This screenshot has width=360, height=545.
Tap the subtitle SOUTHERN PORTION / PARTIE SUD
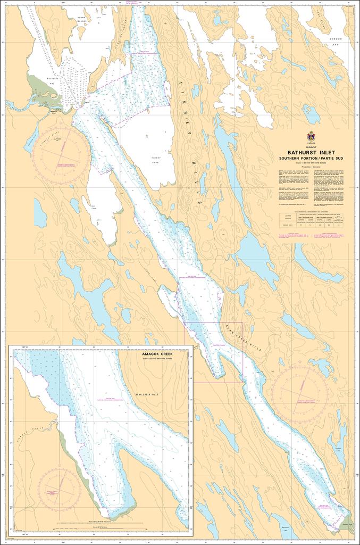[310, 159]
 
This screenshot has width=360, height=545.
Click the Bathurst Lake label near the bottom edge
[288, 530]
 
